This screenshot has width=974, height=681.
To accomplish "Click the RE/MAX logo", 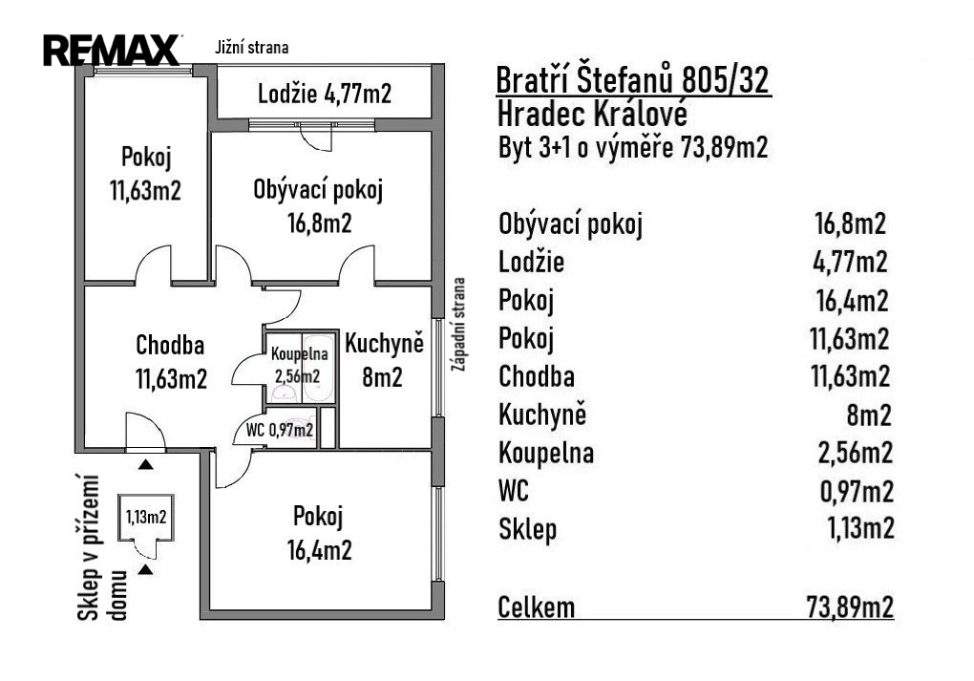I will click(113, 50).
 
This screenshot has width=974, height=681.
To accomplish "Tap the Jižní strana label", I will click(253, 46).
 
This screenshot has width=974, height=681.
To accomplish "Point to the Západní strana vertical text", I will click(460, 325).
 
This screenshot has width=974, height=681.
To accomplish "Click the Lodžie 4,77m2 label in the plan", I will click(325, 95).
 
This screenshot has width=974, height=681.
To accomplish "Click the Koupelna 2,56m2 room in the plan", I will click(299, 364).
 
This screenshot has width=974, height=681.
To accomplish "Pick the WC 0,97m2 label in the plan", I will click(279, 431).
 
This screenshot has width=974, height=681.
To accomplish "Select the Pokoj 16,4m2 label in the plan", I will click(318, 533).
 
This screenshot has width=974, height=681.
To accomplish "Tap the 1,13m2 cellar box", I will click(145, 518).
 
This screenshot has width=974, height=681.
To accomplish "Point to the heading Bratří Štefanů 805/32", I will click(633, 81).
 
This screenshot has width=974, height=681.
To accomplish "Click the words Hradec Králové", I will click(592, 115).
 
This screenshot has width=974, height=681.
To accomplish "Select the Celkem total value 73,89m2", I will click(849, 606).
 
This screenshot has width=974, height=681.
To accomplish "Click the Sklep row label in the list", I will click(527, 530).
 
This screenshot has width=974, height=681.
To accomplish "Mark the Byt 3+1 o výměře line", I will click(633, 149).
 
